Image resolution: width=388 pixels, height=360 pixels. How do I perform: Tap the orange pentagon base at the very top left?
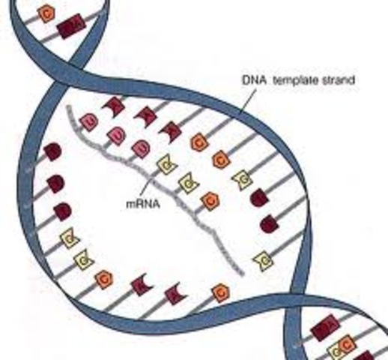click(x=47, y=12)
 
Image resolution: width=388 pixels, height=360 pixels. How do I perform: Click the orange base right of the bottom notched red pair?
click(x=220, y=292)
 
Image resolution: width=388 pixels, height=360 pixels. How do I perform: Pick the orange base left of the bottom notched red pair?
click(x=104, y=280)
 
